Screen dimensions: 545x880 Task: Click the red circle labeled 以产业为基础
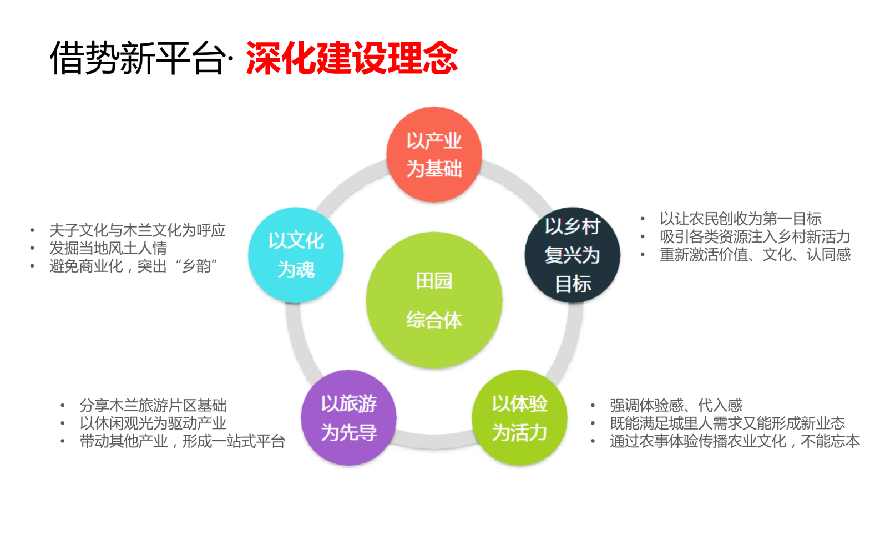[x=434, y=155]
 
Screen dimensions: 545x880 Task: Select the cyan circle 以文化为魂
[x=296, y=255]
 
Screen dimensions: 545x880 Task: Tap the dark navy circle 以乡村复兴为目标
[x=572, y=255]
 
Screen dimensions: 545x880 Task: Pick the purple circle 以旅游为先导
[x=348, y=417]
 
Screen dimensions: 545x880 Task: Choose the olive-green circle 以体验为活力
[x=519, y=417]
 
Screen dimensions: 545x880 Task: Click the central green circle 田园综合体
[x=434, y=300]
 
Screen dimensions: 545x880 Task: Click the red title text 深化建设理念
[x=352, y=58]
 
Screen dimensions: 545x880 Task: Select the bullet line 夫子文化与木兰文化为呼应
[x=137, y=230]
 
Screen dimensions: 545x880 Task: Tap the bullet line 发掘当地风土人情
[x=108, y=248]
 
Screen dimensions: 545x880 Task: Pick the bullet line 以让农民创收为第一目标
[x=740, y=219]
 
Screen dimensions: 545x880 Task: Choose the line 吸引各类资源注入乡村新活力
[x=755, y=237]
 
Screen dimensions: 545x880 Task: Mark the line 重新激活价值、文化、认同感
[x=755, y=255]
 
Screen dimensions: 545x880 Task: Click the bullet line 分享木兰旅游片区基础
[x=153, y=405]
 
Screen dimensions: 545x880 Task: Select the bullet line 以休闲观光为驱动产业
[x=153, y=423]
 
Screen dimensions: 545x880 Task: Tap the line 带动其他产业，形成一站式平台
[x=182, y=441]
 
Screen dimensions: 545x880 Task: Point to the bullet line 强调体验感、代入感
[x=676, y=405]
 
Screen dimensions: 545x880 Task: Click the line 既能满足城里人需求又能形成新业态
[x=727, y=423]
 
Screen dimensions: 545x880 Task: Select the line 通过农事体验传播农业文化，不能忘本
[x=735, y=441]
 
